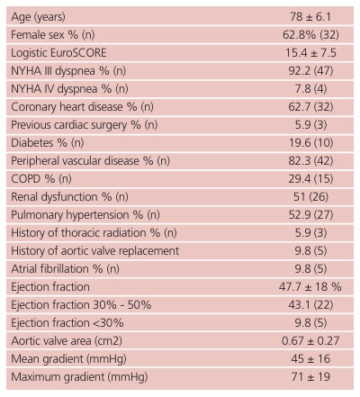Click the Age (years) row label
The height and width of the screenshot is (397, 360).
(x=38, y=17)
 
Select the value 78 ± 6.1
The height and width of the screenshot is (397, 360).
(x=310, y=17)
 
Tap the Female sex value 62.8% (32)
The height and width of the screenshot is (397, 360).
(x=310, y=35)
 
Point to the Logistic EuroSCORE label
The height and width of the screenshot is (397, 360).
(x=58, y=53)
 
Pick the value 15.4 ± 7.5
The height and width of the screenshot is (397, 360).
(x=310, y=53)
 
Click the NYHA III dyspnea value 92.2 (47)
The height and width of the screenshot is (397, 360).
(x=310, y=71)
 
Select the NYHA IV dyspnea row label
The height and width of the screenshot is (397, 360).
(x=69, y=89)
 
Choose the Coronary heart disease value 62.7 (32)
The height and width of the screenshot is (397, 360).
(x=310, y=107)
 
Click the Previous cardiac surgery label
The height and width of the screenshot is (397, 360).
(x=85, y=125)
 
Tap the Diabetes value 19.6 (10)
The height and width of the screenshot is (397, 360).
(x=310, y=143)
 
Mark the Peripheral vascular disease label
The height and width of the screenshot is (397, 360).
(x=91, y=161)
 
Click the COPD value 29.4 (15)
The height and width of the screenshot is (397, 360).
(x=310, y=179)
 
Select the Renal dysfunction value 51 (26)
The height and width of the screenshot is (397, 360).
(x=310, y=197)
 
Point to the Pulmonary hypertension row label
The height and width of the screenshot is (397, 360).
(x=85, y=215)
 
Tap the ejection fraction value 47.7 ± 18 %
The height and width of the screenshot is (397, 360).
(x=310, y=287)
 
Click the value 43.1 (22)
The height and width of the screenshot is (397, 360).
(x=310, y=305)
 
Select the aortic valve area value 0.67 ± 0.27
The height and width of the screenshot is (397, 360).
(x=310, y=341)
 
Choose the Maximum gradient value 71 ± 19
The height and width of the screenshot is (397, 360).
(x=310, y=377)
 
